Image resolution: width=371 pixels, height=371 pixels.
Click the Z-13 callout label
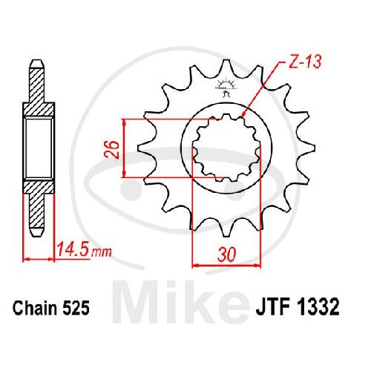[x=305, y=62]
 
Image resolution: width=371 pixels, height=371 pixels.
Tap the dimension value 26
[x=111, y=149]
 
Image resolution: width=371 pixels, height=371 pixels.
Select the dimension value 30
[x=226, y=255]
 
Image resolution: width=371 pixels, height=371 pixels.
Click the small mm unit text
[x=102, y=252]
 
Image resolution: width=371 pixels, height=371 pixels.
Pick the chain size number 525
[x=76, y=309]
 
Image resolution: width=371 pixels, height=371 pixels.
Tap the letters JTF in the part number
[x=272, y=307]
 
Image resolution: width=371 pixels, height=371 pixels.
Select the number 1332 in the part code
[x=318, y=307]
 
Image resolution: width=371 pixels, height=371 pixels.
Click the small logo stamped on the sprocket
[x=226, y=88]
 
